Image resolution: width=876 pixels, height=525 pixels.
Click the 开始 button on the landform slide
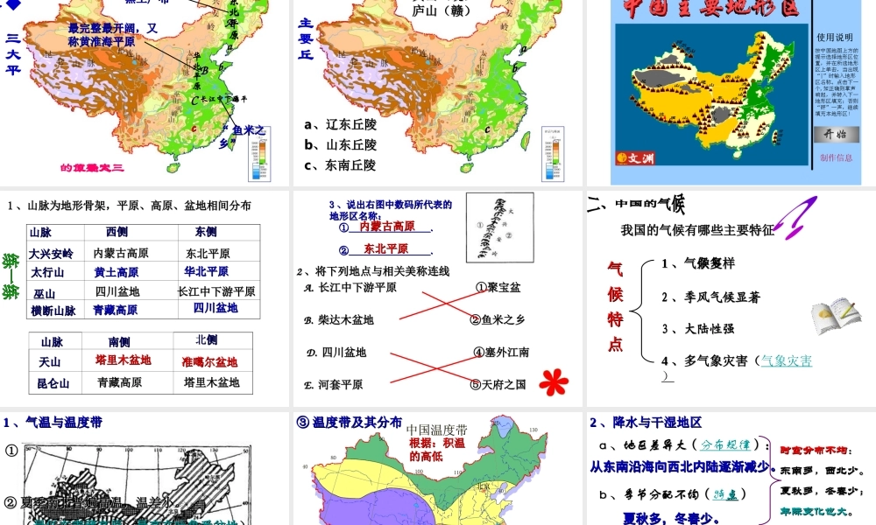836,134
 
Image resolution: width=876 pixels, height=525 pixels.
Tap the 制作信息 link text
836,157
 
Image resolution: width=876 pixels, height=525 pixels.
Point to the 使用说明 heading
834,38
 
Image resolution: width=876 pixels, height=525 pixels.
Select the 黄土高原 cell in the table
117,272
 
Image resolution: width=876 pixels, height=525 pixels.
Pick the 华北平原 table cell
206,272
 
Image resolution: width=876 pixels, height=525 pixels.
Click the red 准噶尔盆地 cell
209,361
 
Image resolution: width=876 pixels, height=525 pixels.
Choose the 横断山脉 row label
53,311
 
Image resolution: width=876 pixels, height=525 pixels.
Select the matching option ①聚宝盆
498,287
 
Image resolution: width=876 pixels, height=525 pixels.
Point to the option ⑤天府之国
499,384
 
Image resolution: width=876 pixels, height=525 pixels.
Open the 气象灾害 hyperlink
786,360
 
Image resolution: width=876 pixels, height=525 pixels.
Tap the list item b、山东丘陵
340,144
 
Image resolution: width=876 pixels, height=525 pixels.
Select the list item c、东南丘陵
340,164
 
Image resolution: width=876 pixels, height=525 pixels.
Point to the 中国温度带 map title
437,430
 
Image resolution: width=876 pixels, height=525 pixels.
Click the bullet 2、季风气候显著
710,297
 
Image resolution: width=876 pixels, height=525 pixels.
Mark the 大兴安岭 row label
52,254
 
